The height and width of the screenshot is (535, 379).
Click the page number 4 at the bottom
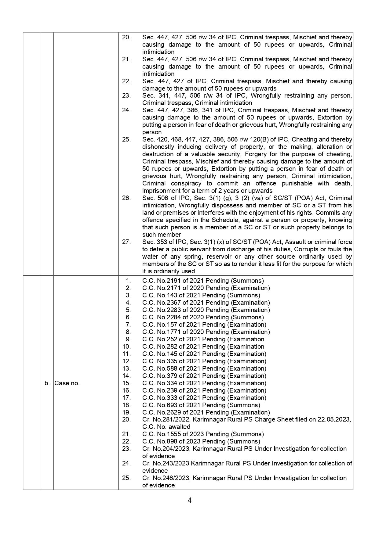pos(189,501)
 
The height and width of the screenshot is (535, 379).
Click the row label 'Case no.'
pos(67,383)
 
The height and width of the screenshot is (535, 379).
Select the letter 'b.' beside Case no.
pos(47,383)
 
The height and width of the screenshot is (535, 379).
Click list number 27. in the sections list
pos(126,242)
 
